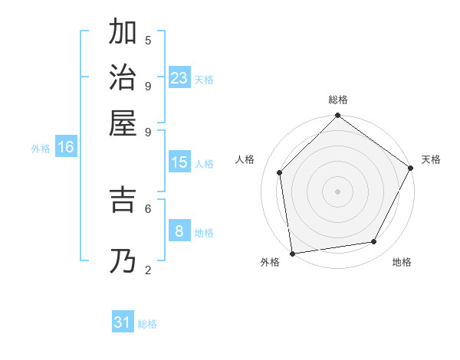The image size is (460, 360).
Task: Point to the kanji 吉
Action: (x=123, y=199)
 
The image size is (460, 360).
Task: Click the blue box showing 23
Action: (x=179, y=78)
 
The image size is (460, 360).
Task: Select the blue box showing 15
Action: (x=179, y=162)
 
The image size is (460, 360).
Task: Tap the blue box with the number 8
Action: (x=179, y=231)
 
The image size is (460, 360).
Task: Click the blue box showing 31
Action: (x=123, y=322)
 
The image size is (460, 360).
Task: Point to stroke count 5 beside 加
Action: (x=148, y=40)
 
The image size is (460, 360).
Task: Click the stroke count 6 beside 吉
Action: (x=148, y=208)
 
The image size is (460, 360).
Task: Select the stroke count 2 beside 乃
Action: (x=148, y=270)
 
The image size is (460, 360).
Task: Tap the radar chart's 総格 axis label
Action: (x=338, y=100)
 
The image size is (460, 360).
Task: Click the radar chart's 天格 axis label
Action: (x=431, y=159)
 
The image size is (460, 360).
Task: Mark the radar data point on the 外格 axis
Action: (x=292, y=253)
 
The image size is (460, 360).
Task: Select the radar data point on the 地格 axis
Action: (x=374, y=241)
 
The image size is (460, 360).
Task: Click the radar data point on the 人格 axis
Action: (x=280, y=172)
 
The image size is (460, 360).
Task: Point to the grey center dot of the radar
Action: (x=338, y=191)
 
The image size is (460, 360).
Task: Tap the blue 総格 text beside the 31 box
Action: (x=148, y=324)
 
